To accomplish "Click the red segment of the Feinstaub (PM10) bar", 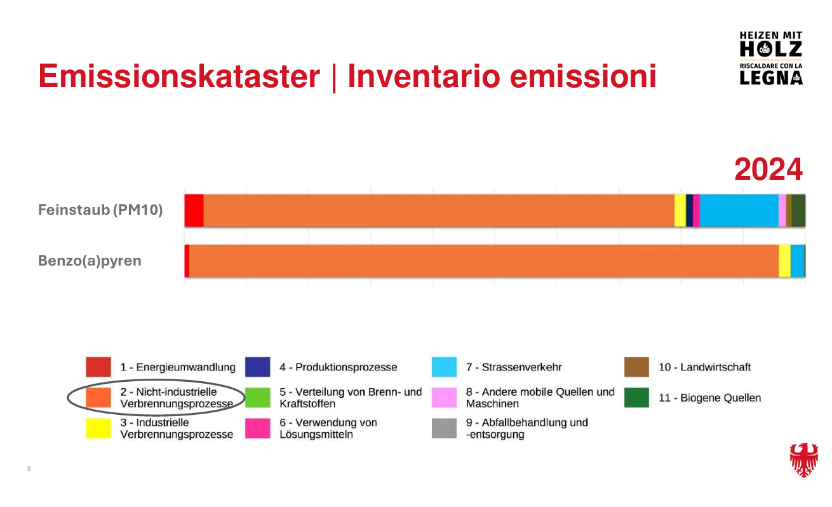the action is [x=194, y=210].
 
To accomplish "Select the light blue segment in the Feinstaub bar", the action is [x=739, y=210].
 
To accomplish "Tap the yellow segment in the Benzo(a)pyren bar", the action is [x=784, y=260].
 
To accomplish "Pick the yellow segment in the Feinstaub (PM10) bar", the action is [x=680, y=210].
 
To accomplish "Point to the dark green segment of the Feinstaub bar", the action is [x=798, y=210].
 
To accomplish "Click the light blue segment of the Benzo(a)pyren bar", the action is [x=798, y=260].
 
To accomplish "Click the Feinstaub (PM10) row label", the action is [x=100, y=210].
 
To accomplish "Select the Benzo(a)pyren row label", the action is [x=90, y=260].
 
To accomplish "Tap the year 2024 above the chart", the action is [x=768, y=170].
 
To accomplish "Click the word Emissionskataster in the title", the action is [x=179, y=76].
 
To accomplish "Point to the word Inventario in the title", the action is [x=424, y=76].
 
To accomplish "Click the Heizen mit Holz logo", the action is [x=771, y=58].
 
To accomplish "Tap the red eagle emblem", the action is [x=804, y=459].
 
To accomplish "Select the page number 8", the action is [x=29, y=468].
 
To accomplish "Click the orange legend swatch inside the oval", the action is [x=98, y=398].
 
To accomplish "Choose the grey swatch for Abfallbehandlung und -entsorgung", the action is [x=444, y=428].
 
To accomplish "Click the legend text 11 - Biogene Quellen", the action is [x=710, y=398].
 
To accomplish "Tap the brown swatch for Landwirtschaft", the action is [x=636, y=367].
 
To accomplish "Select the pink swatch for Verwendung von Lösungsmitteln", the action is [x=258, y=428].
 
